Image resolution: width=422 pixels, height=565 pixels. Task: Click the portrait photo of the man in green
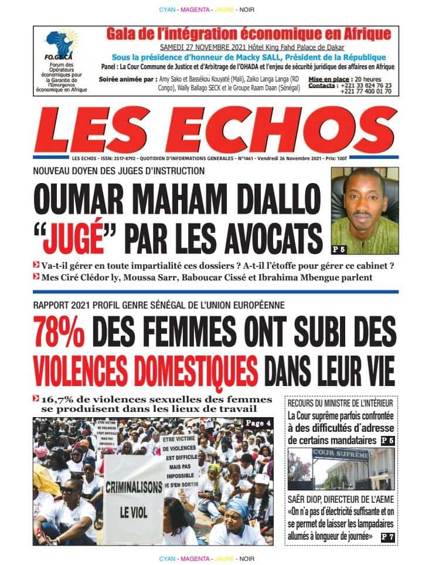[364, 211]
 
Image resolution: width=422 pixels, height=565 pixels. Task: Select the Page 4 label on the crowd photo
[257, 424]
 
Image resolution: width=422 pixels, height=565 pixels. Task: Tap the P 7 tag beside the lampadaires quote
[388, 536]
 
